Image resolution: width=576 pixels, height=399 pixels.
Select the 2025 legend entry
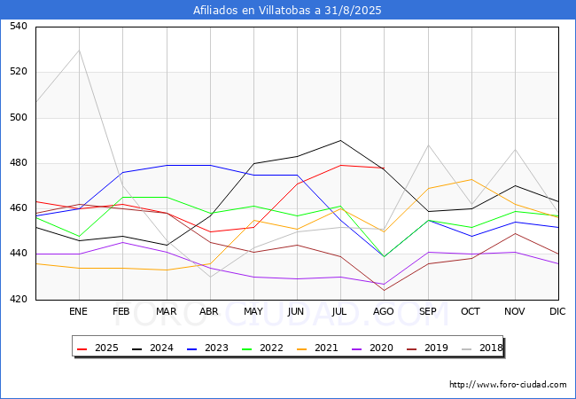pos(97,348)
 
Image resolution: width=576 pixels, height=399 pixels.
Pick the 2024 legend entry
pos(152,348)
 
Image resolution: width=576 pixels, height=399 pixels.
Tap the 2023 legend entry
pos(207,348)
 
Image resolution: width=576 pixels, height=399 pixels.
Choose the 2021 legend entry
pos(317,348)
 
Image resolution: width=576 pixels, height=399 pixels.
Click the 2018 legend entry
pos(482,348)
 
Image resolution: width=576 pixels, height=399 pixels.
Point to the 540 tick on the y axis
pos(19,26)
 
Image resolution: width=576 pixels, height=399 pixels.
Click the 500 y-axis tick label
pos(19,118)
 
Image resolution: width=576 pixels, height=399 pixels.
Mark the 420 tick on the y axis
pos(19,300)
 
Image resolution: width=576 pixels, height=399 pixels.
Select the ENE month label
pos(78,311)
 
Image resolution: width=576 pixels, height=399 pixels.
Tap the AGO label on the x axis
pos(384,311)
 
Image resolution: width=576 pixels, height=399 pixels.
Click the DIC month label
pos(557,311)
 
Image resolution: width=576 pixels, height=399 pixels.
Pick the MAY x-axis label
pos(253,311)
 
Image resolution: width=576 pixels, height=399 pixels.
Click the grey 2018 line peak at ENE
pos(79,51)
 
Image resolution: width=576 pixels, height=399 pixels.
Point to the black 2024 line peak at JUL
pos(340,140)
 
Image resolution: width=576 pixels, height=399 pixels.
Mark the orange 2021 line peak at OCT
pos(471,179)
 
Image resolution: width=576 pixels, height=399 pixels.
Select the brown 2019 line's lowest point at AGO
pos(385,291)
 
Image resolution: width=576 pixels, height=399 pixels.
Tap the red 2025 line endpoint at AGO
pos(385,168)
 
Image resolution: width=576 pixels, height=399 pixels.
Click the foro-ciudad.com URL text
pos(508,385)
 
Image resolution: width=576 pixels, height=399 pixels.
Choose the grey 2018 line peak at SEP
pos(428,145)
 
